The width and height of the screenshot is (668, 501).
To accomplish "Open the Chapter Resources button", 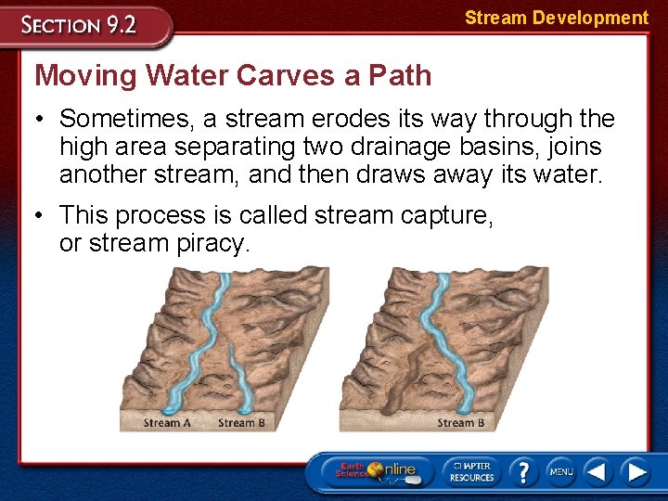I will click(x=471, y=470).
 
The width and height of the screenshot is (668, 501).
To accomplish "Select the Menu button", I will click(x=560, y=471).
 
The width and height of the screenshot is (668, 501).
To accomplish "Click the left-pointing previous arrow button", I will click(x=597, y=471).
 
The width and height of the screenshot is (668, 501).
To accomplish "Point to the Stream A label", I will click(x=167, y=423).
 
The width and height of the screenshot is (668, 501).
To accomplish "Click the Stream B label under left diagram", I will click(x=241, y=423).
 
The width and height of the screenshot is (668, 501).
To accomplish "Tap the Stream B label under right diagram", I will click(x=461, y=423).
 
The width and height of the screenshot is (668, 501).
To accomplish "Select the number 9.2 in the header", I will click(x=119, y=25).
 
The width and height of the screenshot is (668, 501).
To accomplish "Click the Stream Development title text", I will click(x=556, y=18).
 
